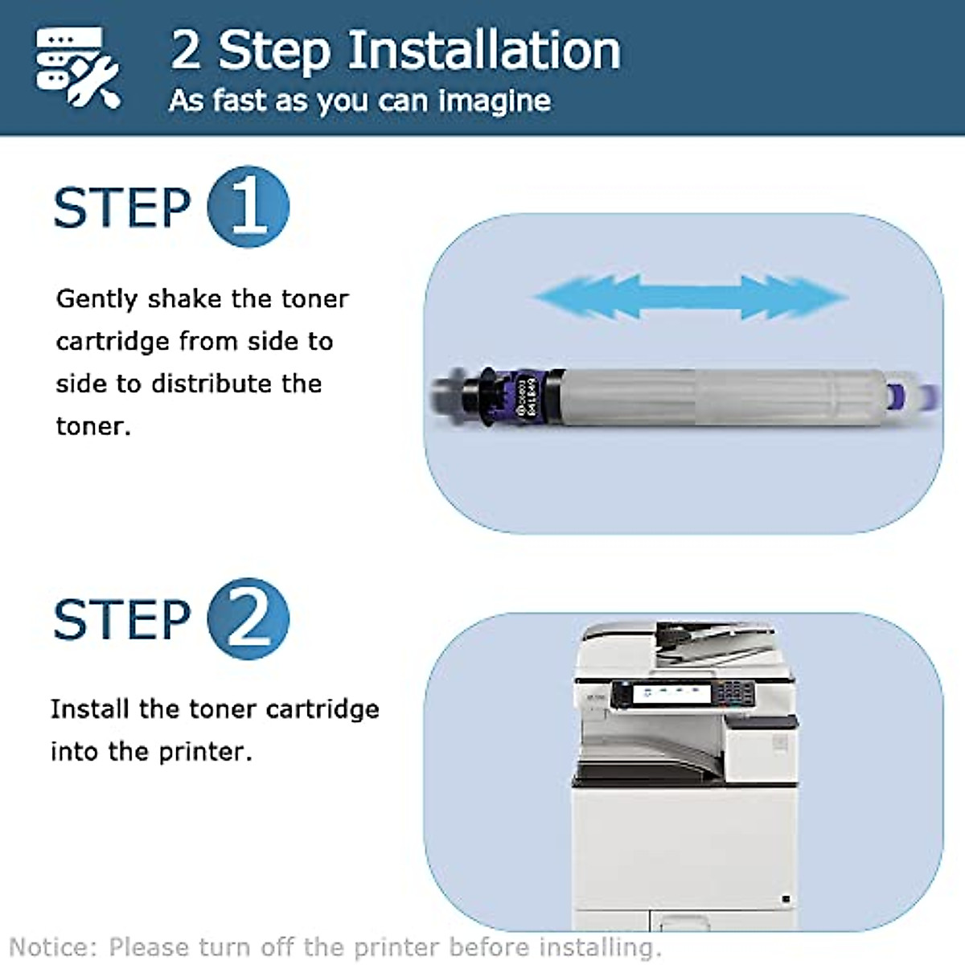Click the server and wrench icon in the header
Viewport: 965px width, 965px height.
click(x=78, y=67)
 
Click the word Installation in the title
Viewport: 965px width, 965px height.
click(x=484, y=51)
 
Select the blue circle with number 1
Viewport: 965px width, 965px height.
click(x=248, y=207)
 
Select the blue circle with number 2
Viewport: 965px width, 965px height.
click(x=248, y=618)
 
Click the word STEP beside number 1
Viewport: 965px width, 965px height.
click(x=121, y=208)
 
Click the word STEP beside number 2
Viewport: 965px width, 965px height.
click(x=121, y=620)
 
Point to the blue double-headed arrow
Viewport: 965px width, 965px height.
click(x=690, y=297)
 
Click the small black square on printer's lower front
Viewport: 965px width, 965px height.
click(x=785, y=898)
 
